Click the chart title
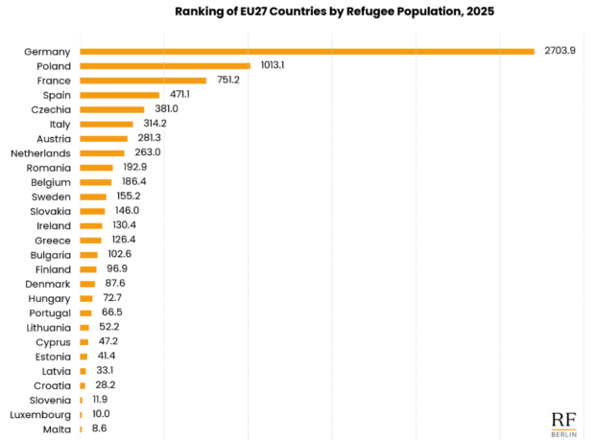(322, 12)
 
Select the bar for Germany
(307, 51)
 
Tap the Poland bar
(165, 66)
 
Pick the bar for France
(143, 81)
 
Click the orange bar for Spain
(120, 95)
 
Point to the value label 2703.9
(559, 51)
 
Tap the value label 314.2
(156, 124)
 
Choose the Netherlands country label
(40, 152)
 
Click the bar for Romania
(96, 168)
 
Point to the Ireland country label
(53, 225)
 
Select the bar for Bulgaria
(88, 254)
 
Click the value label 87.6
(118, 284)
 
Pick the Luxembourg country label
(39, 414)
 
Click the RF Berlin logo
(564, 423)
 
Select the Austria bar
(104, 138)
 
